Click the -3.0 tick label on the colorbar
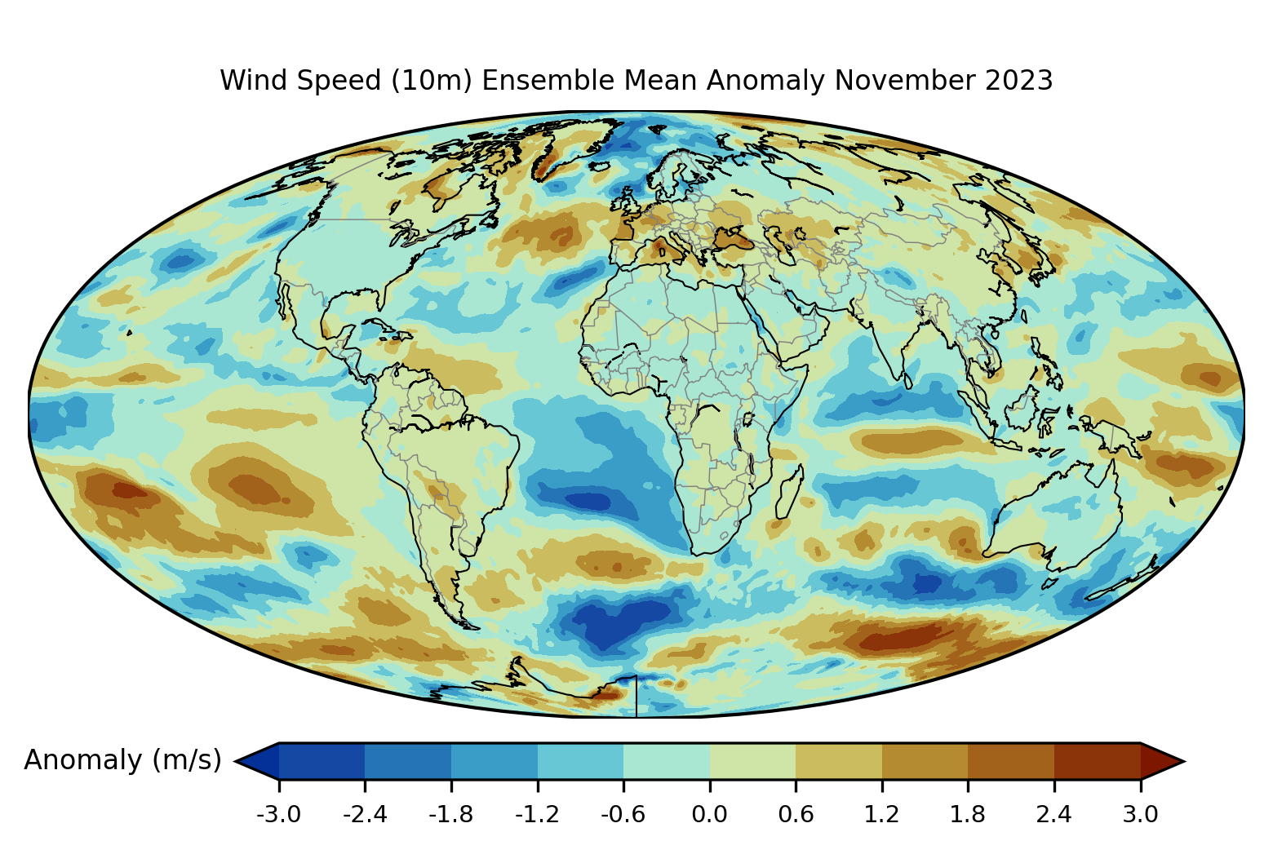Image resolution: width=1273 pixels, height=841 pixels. click(x=279, y=814)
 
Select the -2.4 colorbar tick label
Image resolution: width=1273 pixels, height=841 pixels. click(x=365, y=814)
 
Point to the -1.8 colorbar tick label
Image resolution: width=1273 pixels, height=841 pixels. click(x=451, y=814)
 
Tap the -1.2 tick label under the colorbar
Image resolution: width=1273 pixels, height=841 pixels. click(x=537, y=814)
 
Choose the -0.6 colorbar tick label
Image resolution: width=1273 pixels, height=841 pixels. click(x=623, y=814)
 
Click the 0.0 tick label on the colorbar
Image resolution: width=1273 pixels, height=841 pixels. click(x=710, y=814)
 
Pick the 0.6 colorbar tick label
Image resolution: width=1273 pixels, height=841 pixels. click(x=796, y=814)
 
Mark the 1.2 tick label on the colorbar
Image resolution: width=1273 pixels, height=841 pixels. click(x=882, y=814)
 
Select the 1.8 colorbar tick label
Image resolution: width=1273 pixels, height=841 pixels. click(x=968, y=814)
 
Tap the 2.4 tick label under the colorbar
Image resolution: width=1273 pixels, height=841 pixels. click(x=1054, y=814)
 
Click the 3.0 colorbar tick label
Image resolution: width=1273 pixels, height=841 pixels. click(x=1141, y=814)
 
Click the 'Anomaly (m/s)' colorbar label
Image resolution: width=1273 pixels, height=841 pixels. click(x=122, y=760)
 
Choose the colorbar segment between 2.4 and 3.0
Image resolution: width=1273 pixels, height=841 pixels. click(x=1098, y=761)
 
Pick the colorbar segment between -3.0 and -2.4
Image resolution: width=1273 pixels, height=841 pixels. click(x=322, y=761)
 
